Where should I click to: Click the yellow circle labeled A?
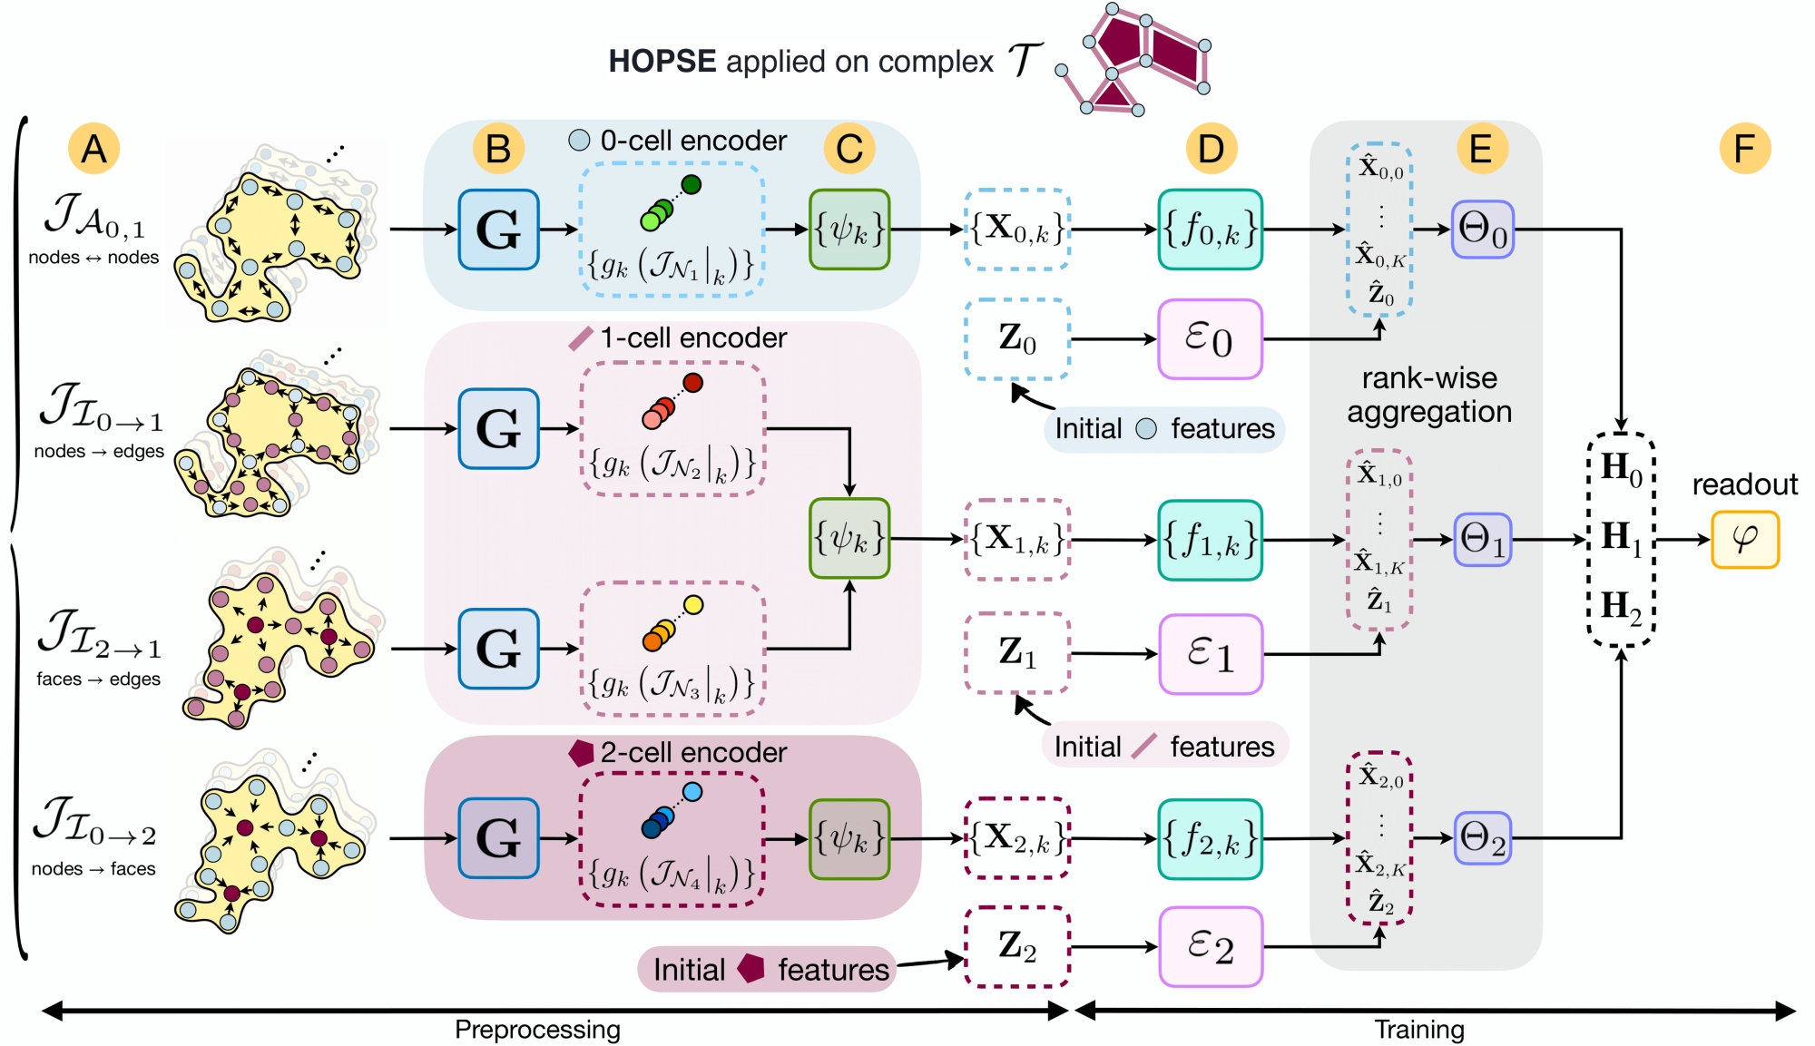pos(93,149)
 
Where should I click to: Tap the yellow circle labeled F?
pos(1744,149)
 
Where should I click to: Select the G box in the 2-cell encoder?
pos(498,838)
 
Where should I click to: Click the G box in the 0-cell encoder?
pos(498,230)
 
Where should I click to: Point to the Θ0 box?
pos(1482,230)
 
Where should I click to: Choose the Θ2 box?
pos(1482,838)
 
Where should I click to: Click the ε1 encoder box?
pos(1210,654)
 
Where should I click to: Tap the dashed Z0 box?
pos(1017,339)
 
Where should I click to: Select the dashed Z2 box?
pos(1017,946)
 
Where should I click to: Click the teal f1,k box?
pos(1210,540)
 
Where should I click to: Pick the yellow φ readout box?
pos(1744,540)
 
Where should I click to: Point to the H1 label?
pos(1621,537)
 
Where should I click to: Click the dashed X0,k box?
pos(1017,230)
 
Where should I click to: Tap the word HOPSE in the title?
pos(662,62)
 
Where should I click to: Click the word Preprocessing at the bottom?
pos(537,1030)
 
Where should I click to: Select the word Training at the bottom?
pos(1418,1030)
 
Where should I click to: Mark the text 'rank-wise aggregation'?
pos(1429,395)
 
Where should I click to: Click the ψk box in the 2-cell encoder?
pos(849,838)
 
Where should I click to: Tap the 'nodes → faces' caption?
pos(93,869)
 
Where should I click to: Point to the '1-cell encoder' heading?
pos(693,338)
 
